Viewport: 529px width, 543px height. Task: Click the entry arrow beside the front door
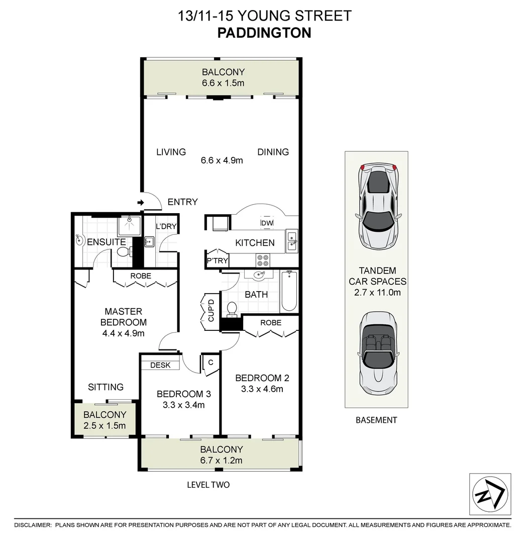pyautogui.click(x=140, y=203)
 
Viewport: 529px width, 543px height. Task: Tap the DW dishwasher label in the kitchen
pyautogui.click(x=267, y=223)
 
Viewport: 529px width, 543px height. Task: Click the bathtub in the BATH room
pyautogui.click(x=289, y=291)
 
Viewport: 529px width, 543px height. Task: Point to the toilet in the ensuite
pyautogui.click(x=122, y=251)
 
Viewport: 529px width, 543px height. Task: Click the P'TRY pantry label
pyautogui.click(x=218, y=260)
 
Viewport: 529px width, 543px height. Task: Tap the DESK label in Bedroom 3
pyautogui.click(x=160, y=365)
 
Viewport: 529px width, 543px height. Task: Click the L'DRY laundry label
pyautogui.click(x=166, y=226)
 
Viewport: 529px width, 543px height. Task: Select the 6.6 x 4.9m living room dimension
pyautogui.click(x=222, y=161)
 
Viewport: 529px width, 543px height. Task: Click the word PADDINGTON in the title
pyautogui.click(x=264, y=33)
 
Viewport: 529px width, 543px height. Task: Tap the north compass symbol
pyautogui.click(x=490, y=494)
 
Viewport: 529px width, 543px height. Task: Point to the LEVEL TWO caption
pyautogui.click(x=208, y=485)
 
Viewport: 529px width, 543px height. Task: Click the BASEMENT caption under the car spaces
pyautogui.click(x=376, y=420)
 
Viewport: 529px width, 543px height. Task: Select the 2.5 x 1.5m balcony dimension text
pyautogui.click(x=104, y=426)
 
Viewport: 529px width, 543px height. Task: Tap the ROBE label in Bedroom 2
pyautogui.click(x=271, y=322)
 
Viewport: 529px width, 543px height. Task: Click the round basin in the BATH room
pyautogui.click(x=260, y=275)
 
